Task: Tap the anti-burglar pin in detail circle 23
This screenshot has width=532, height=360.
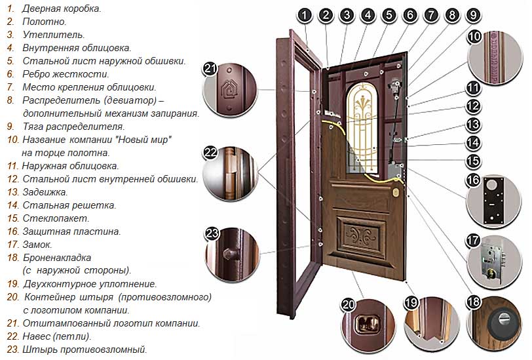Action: pyautogui.click(x=229, y=254)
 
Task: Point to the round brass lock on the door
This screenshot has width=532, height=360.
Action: pyautogui.click(x=396, y=192)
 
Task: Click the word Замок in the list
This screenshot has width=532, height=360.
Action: pyautogui.click(x=38, y=245)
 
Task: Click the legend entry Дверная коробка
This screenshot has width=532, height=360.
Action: pyautogui.click(x=62, y=9)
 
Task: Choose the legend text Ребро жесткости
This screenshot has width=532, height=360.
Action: pyautogui.click(x=63, y=74)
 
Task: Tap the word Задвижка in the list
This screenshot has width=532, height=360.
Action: pyautogui.click(x=45, y=192)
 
